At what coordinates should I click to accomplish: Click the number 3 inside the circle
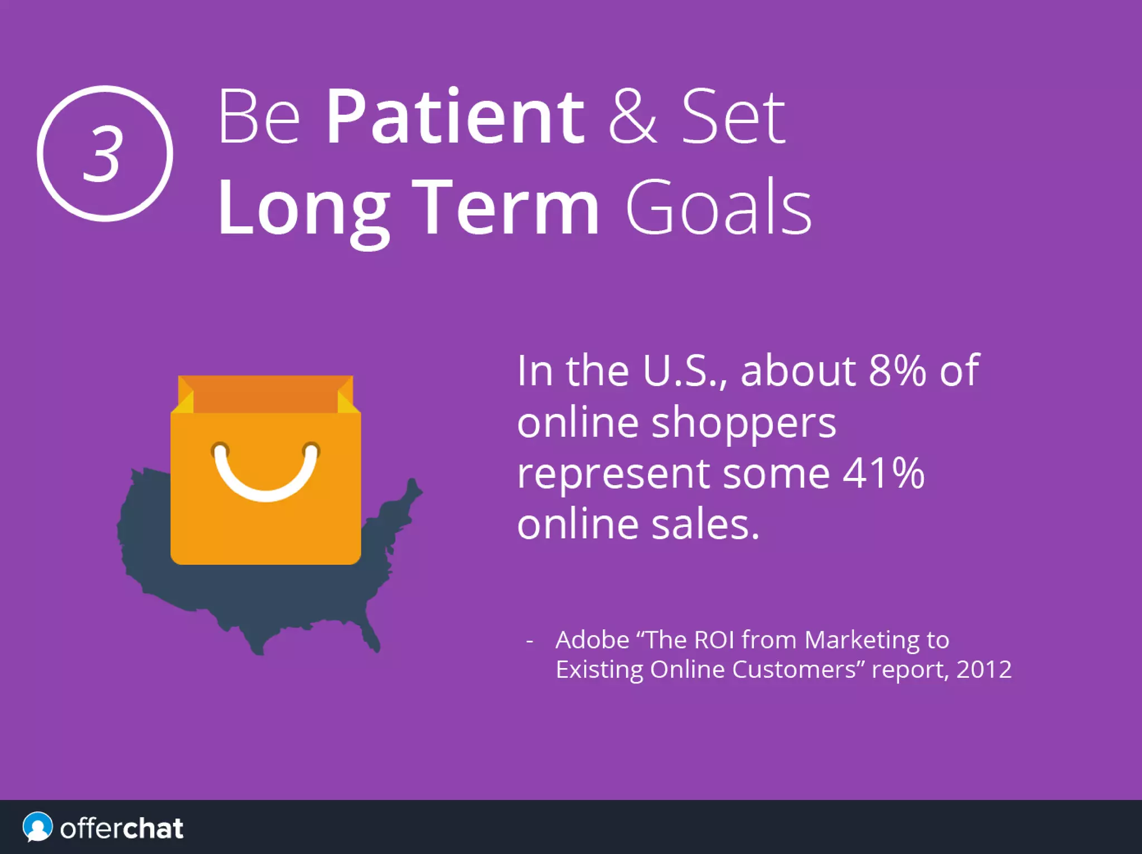coord(103,154)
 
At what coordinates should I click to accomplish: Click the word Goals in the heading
coord(718,207)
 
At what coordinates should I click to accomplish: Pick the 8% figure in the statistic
coord(897,370)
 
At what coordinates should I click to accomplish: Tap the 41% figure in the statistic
coord(883,474)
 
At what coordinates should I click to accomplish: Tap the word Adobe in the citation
coord(592,640)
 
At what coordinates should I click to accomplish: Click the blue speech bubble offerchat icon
coord(37,827)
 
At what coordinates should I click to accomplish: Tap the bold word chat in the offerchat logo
coord(153,828)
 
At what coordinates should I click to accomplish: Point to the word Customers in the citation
coord(793,670)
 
